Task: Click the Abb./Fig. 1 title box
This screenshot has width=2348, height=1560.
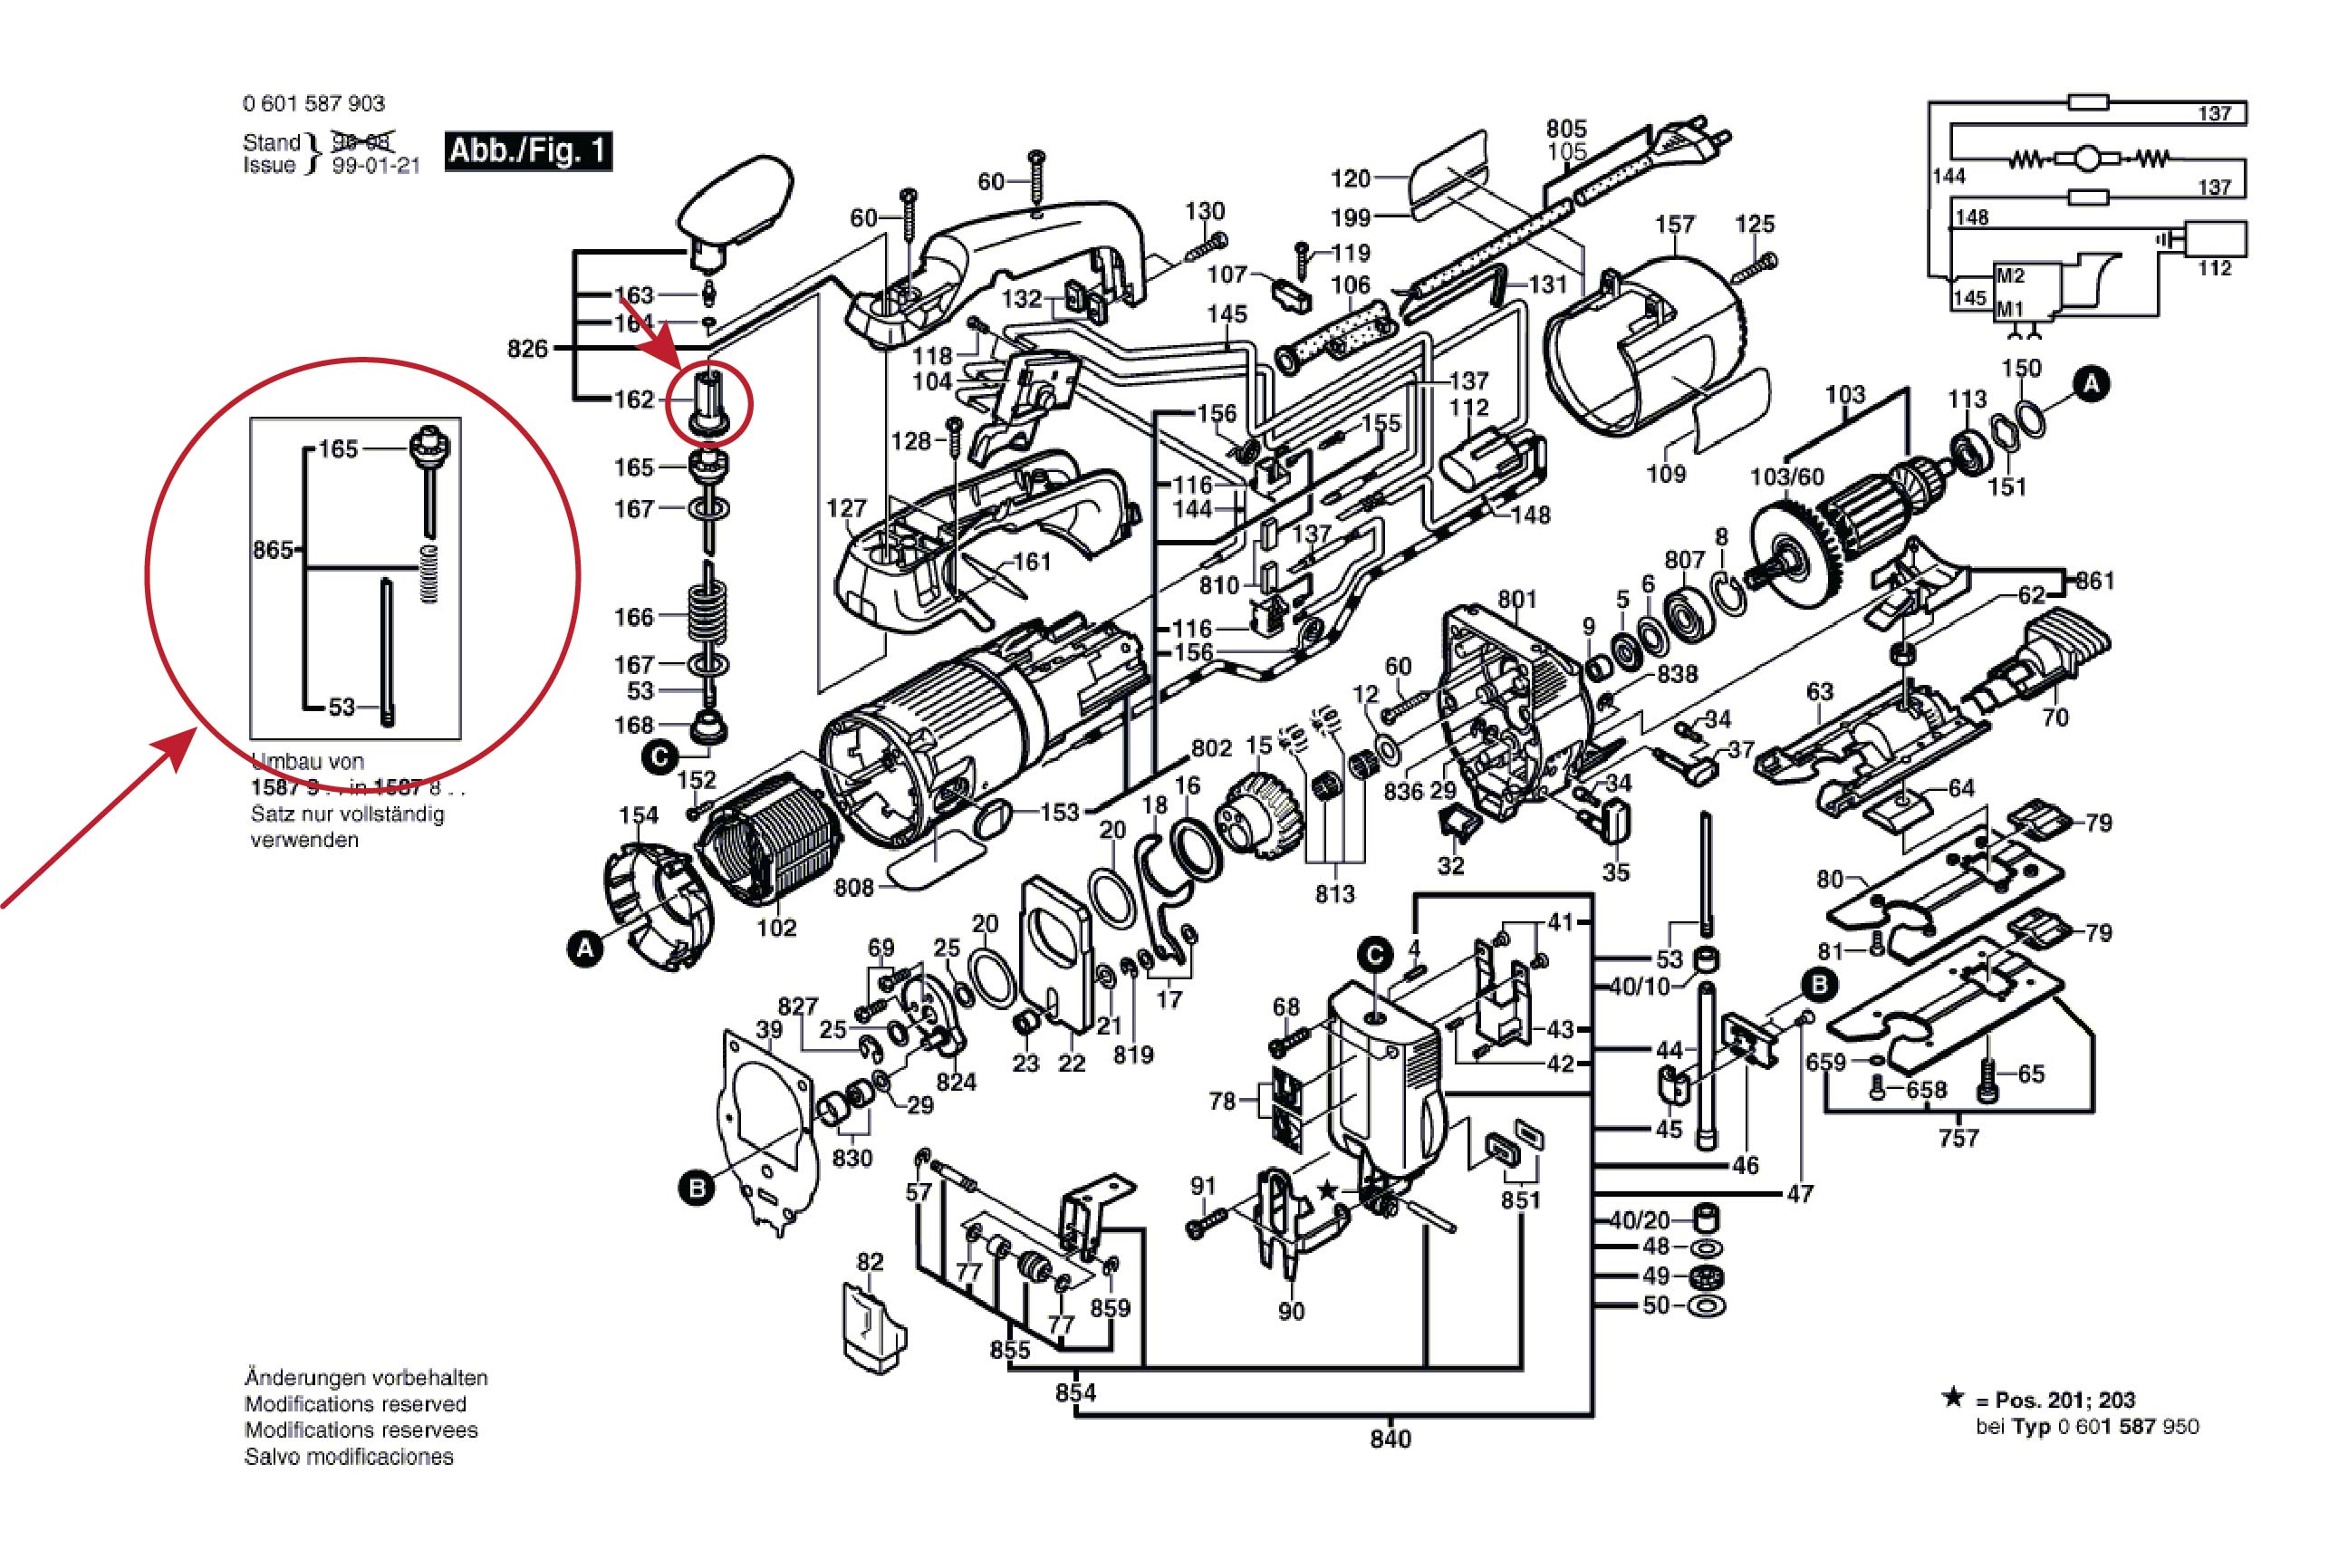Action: pos(527,151)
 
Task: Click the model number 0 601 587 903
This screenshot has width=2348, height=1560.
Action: pos(313,103)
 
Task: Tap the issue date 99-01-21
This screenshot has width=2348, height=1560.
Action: pos(375,166)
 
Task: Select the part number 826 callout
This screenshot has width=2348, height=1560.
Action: pos(527,348)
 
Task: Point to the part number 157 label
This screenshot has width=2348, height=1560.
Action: pos(1674,225)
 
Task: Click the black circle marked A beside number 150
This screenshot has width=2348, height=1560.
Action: pos(2092,384)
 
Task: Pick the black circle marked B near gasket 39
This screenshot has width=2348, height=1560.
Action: pos(697,1188)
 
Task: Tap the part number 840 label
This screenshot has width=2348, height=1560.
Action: pos(1390,1439)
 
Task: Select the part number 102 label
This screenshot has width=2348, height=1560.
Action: pos(776,928)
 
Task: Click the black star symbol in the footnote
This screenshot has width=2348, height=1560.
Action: pos(1953,1398)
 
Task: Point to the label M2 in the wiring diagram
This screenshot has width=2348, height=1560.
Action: pos(2010,275)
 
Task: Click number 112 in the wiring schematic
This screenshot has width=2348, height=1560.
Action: pos(2214,269)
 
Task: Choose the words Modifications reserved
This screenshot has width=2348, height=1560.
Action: pos(355,1404)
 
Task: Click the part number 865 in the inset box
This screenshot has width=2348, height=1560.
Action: pos(273,550)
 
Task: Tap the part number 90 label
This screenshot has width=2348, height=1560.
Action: pos(1291,1311)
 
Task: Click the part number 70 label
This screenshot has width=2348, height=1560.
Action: pos(2054,717)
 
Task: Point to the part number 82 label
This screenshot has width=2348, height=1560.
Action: pos(870,1262)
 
